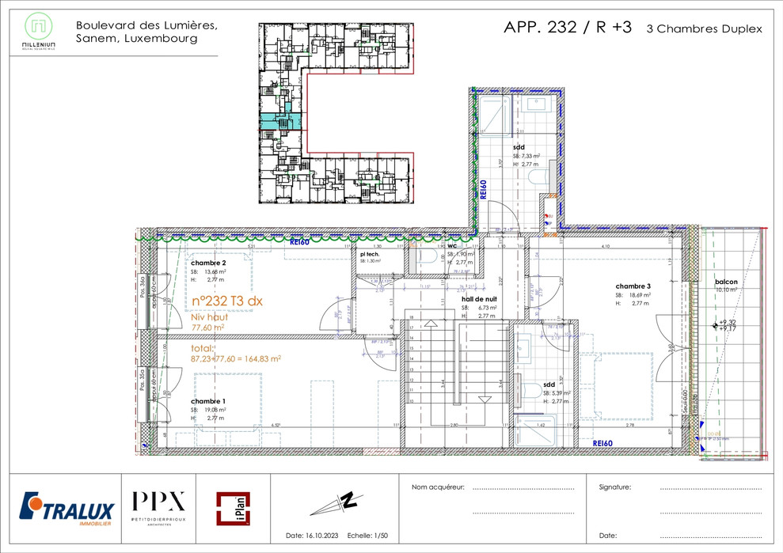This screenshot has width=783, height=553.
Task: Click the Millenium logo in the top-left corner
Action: pos(39,32)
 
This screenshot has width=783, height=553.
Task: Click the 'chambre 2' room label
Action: pos(208,263)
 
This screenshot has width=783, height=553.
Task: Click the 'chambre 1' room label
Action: pos(208,401)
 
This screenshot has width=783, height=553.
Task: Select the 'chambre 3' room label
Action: pos(633,286)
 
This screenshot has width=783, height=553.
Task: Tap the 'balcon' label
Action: pos(727,282)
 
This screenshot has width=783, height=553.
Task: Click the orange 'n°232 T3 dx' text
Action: pos(227,301)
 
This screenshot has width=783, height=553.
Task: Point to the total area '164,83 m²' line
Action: pos(236,358)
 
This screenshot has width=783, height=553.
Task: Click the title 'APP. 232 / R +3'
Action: pos(568,27)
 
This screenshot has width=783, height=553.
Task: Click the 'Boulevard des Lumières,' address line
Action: pos(146,25)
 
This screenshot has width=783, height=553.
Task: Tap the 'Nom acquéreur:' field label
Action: pos(438,487)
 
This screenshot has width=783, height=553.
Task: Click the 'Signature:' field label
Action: pos(615,487)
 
